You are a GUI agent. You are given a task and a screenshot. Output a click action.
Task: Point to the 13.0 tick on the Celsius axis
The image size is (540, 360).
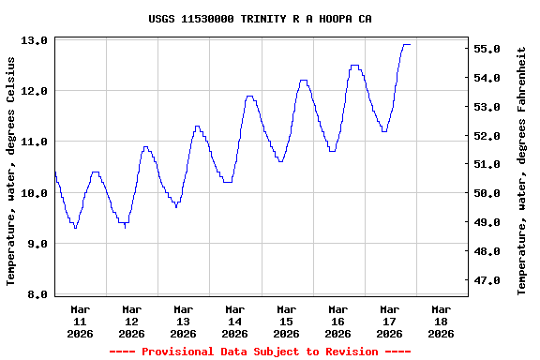(35, 41)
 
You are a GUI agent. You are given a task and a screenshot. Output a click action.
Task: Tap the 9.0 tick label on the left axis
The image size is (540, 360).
(35, 244)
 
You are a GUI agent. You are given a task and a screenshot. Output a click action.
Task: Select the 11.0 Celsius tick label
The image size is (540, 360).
(35, 142)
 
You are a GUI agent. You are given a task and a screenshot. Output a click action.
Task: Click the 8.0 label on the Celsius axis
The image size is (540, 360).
(35, 294)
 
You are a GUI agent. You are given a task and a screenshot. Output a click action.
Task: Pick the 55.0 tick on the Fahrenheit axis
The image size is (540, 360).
(492, 49)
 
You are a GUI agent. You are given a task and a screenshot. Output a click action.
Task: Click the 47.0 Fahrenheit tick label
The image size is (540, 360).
(492, 280)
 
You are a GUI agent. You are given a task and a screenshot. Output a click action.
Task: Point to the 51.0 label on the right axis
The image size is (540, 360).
(492, 164)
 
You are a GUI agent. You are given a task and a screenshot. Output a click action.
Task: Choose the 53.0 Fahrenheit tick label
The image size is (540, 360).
(492, 107)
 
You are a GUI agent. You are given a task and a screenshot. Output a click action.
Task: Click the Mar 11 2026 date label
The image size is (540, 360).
(81, 321)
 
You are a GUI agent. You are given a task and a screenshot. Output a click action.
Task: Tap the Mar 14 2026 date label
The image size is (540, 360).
(235, 321)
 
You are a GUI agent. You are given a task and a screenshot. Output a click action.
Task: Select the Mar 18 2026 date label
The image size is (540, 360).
(441, 321)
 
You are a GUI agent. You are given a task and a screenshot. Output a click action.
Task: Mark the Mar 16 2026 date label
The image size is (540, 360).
(337, 321)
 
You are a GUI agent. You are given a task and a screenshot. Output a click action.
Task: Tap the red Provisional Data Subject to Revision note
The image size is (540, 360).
(260, 352)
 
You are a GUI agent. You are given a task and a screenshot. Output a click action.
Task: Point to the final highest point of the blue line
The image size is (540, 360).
(407, 44)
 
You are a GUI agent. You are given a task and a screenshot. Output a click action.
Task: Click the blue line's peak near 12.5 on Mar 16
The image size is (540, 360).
(354, 66)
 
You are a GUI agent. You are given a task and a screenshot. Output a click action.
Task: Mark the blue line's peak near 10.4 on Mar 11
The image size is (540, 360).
(95, 172)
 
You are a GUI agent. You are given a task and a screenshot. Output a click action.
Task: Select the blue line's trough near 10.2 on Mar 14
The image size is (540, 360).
(227, 182)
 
